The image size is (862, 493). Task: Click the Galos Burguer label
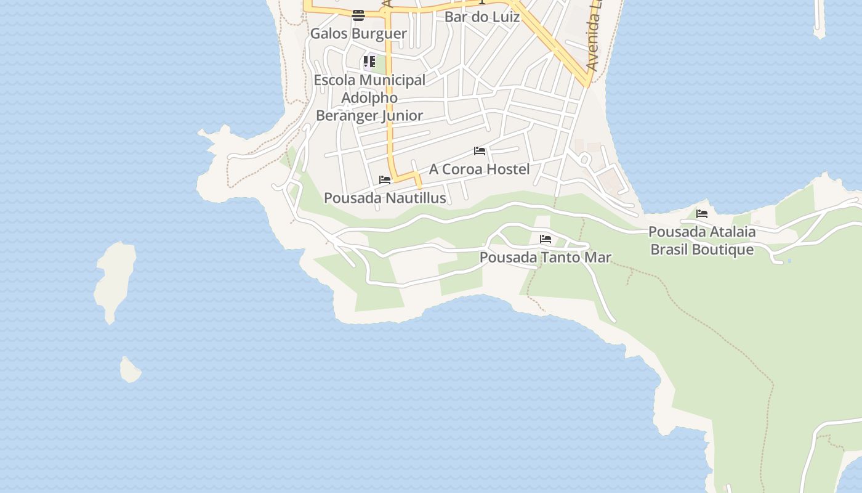coord(358,33)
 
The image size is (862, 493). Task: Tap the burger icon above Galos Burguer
coord(358,15)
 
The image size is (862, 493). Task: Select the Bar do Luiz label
coord(482,17)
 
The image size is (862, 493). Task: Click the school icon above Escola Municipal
coord(369,62)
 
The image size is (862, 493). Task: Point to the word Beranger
coord(346,115)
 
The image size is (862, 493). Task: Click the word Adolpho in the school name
coord(369,97)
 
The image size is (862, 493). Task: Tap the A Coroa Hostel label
coord(479,169)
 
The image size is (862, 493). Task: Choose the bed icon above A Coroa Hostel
coord(480,151)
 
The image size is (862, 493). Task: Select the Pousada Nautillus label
coord(385,198)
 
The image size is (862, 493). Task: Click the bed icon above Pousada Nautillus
coord(385,180)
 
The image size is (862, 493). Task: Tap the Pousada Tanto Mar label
coord(545,257)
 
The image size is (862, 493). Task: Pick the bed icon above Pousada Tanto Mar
coord(545,239)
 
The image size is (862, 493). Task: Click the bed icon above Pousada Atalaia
coord(701,214)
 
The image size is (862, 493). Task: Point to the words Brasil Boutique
coord(702,250)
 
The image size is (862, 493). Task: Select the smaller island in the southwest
coord(130,370)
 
